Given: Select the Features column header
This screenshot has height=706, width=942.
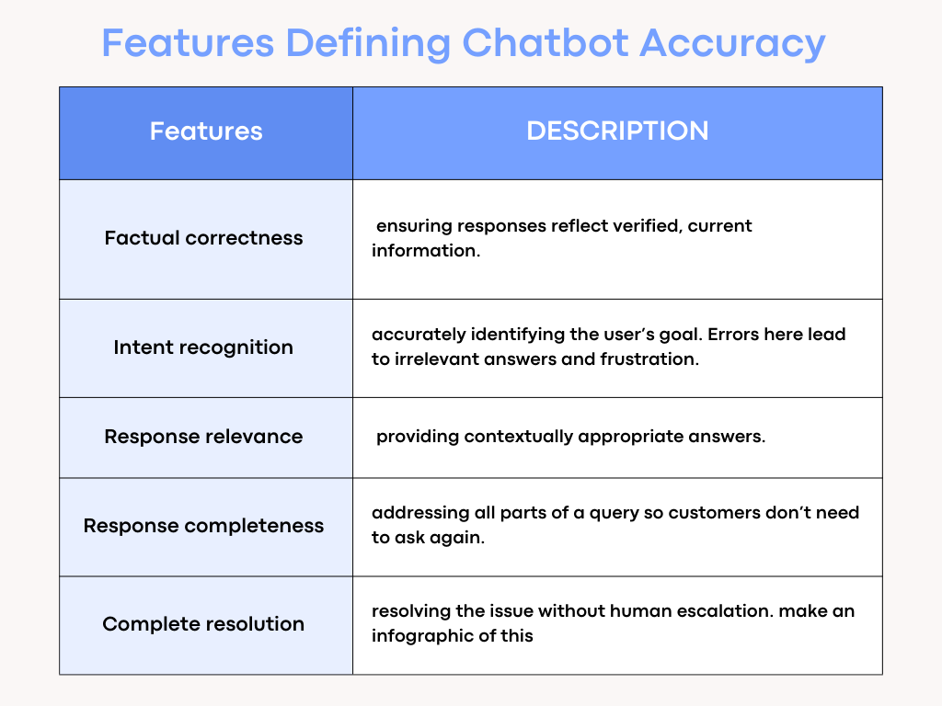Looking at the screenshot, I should pos(206,131).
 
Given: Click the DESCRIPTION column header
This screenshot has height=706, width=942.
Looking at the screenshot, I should pos(617,131).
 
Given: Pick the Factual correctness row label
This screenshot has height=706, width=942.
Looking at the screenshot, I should pos(203,238).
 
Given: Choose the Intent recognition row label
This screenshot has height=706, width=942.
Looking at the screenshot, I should pos(203,347).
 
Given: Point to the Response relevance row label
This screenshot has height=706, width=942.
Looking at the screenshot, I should pos(203,437).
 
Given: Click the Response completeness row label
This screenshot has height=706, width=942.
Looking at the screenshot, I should pos(203,526).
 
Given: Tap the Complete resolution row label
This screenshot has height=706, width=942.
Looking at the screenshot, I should pos(203,624).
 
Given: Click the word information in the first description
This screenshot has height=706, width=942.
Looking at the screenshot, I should pos(423,250).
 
